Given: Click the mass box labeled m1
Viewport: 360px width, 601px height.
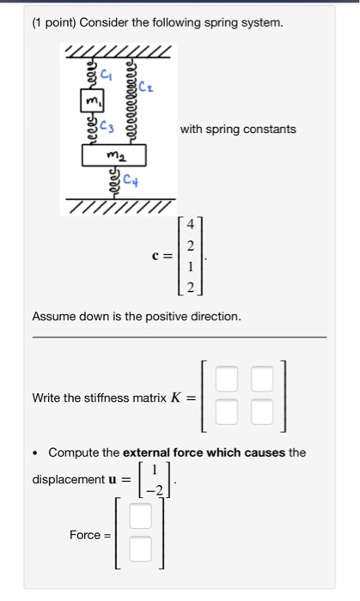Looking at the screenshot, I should click(87, 104).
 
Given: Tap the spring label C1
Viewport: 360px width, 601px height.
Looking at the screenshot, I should click(107, 75).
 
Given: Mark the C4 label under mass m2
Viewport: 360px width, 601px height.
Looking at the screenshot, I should click(130, 181).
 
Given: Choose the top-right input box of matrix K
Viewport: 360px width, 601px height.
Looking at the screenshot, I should click(262, 379).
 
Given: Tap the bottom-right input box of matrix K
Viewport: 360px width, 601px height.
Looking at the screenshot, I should click(262, 416).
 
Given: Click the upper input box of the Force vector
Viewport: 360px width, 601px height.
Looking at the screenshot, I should click(140, 517).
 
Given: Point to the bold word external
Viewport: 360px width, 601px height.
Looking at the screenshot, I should click(149, 452).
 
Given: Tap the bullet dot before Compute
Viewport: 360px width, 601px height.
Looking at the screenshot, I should click(35, 452).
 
